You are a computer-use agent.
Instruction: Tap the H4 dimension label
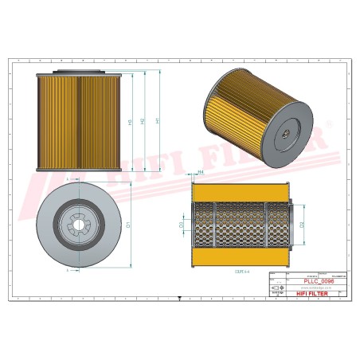[200, 173]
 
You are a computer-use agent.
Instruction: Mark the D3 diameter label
[182, 226]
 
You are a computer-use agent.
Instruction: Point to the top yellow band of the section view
[240, 192]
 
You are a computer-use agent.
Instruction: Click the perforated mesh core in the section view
[240, 225]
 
